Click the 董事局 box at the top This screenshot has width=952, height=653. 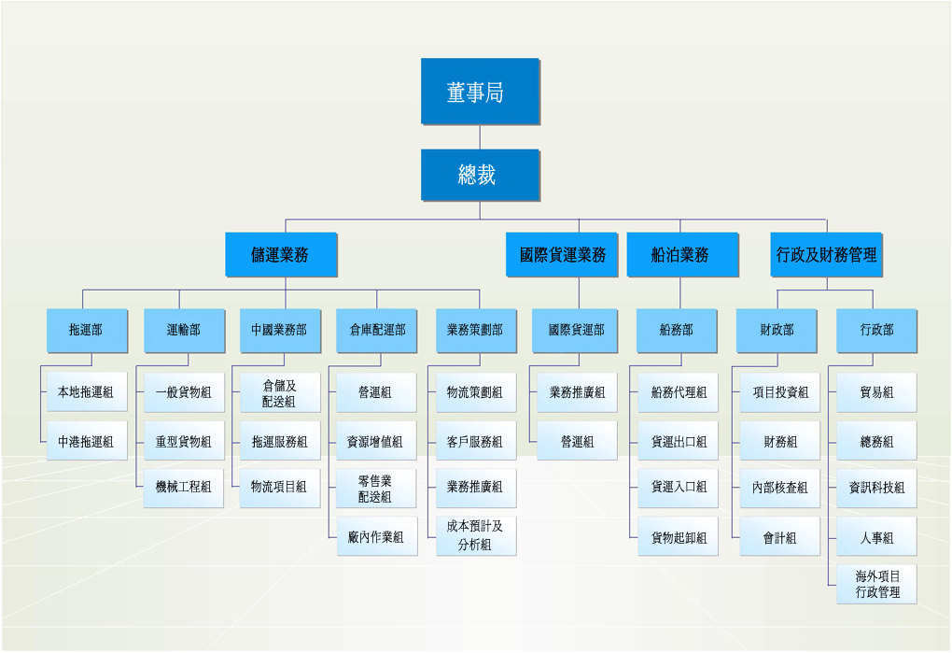[481, 92]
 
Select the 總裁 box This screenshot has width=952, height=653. [481, 175]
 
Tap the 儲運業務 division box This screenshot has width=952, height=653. [281, 254]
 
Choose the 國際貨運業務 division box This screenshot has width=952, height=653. [562, 254]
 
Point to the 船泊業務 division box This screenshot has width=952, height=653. [682, 254]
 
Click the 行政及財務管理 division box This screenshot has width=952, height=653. [826, 254]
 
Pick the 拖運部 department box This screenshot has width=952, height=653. [87, 331]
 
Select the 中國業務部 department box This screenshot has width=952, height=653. [280, 331]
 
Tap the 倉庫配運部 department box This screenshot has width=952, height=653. [376, 331]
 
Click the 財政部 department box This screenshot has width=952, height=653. [777, 331]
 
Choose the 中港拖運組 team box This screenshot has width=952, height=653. [87, 441]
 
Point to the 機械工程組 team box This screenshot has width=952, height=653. [183, 488]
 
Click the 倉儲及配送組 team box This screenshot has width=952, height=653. [280, 393]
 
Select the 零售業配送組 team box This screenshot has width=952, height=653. [376, 488]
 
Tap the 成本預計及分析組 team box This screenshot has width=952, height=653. [476, 536]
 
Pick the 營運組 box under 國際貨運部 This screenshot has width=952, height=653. [577, 441]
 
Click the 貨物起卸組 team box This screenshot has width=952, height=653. [678, 536]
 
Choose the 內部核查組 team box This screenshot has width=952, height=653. [779, 488]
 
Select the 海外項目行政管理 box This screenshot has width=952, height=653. [876, 585]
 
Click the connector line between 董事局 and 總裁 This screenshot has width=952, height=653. [481, 137]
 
